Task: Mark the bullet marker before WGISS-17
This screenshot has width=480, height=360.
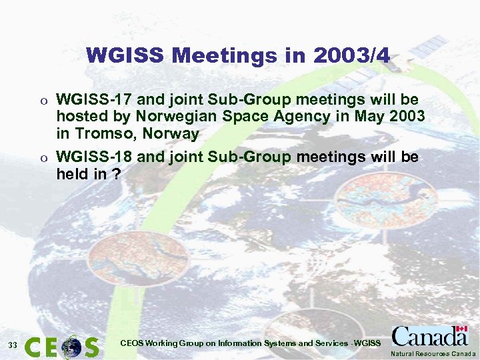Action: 45,101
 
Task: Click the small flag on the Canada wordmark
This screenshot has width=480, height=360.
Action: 461,330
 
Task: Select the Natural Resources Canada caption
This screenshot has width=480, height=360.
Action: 433,353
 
